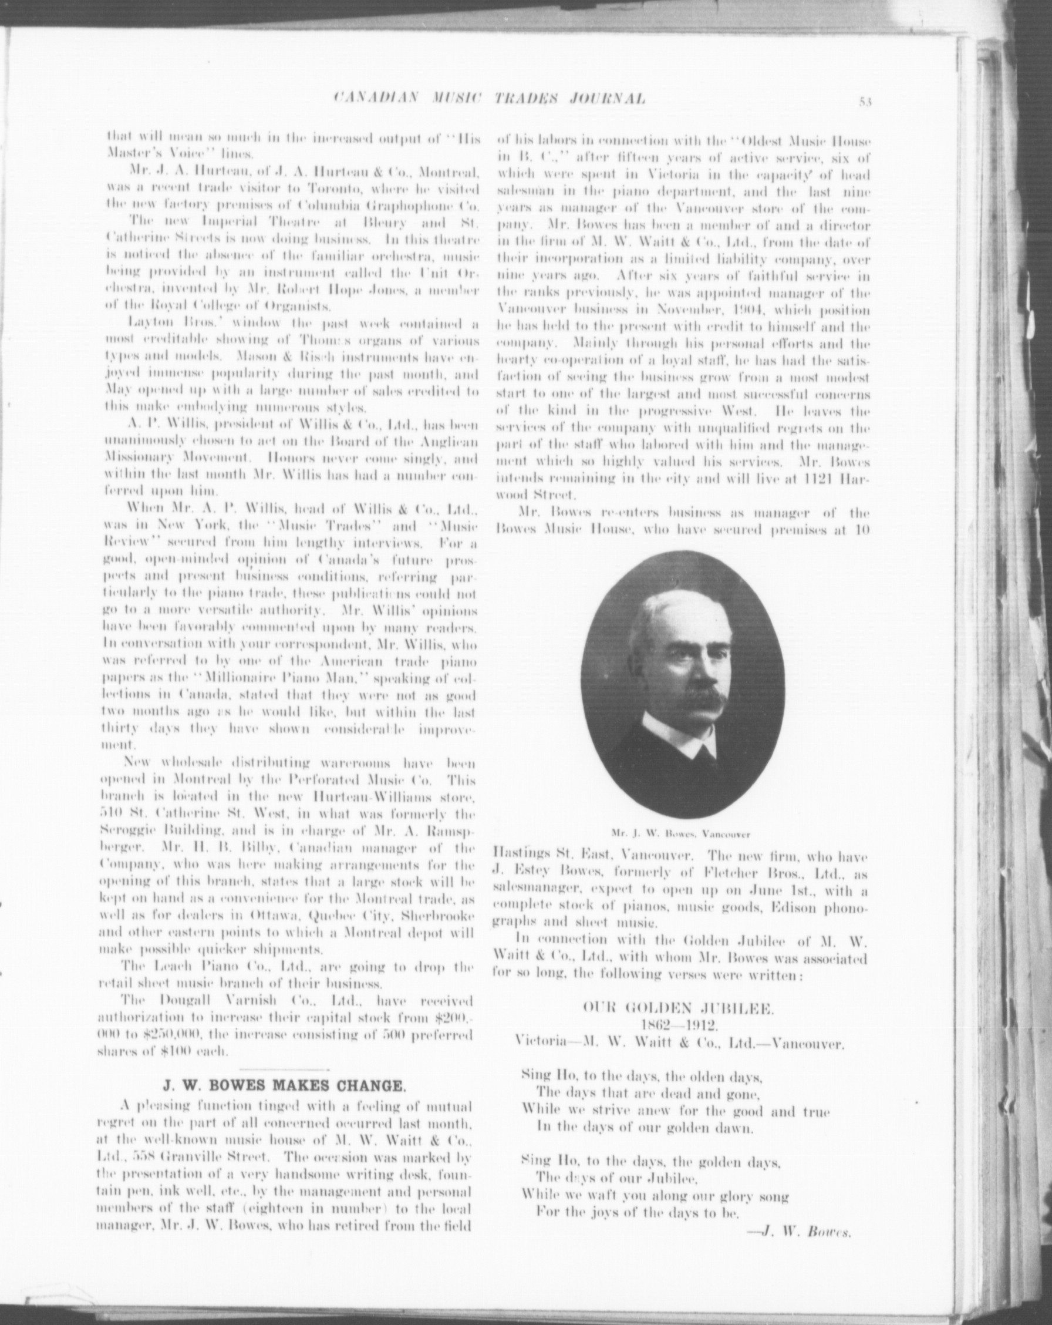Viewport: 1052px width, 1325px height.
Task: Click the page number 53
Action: click(x=866, y=102)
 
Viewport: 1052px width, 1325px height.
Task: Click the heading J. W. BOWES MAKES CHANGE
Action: click(x=284, y=1085)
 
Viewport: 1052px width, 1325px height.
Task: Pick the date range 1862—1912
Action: click(x=679, y=1024)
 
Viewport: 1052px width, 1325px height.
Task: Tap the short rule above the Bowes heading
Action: click(x=284, y=1071)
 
